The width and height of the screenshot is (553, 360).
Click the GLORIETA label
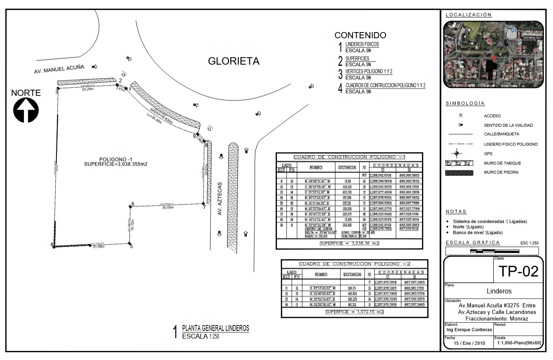coord(234,61)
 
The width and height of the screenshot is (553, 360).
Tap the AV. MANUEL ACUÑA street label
coord(59,69)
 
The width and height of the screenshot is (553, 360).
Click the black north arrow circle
coord(26,110)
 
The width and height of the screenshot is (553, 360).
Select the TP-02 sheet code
coord(518,271)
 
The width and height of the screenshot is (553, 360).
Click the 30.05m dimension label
coord(168,208)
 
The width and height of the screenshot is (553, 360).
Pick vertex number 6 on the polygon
coord(133,203)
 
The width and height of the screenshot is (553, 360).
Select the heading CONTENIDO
coord(360,35)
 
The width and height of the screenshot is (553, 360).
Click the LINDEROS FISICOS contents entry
coord(362,44)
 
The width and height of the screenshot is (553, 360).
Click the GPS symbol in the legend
coord(456,154)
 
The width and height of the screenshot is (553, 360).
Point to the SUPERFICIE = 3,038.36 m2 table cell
coord(349,243)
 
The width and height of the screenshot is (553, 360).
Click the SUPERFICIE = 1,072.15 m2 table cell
coord(354,312)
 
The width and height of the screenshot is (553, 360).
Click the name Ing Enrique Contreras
coord(469,330)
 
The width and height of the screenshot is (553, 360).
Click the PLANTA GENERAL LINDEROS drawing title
coord(216,328)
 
